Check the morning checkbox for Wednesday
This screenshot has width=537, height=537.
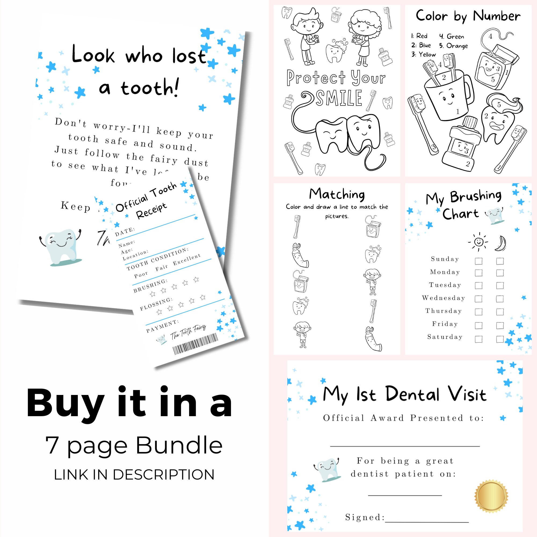tap(478, 299)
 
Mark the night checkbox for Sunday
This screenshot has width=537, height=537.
tap(500, 261)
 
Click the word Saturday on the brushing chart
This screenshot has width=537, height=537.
tap(445, 337)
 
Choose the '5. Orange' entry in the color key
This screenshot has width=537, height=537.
tap(453, 46)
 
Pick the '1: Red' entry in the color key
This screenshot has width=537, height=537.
tap(419, 36)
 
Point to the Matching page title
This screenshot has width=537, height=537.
tap(337, 194)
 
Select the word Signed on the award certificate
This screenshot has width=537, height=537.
tap(365, 517)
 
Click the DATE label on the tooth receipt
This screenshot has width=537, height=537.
tap(125, 231)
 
